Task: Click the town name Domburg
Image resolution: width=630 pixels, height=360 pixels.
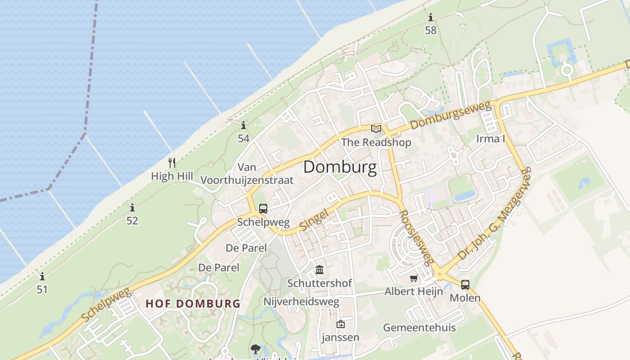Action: [x=340, y=167]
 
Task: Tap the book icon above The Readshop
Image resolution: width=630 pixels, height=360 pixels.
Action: [x=376, y=129]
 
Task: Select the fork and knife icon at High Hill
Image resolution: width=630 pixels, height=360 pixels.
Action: [x=171, y=163]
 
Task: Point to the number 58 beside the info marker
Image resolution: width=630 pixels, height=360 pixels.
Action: [x=431, y=30]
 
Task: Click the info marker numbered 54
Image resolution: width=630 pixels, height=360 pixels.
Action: [x=243, y=125]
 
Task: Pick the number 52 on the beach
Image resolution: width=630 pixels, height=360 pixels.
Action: [x=132, y=220]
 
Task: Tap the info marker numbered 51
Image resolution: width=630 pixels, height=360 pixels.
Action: [x=42, y=276]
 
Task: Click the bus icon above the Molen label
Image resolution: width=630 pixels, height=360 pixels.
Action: [x=465, y=284]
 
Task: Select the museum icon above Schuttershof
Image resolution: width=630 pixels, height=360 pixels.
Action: [x=319, y=270]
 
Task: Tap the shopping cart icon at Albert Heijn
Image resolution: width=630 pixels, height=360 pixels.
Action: [x=414, y=279]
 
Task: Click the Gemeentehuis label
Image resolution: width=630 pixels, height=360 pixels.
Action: [x=419, y=327]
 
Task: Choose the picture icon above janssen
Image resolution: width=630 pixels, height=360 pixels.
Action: [x=340, y=324]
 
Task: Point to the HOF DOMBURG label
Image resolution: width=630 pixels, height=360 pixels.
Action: [x=193, y=303]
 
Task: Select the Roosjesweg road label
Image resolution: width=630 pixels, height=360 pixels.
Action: [x=417, y=237]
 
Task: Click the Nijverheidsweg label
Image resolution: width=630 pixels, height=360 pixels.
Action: [x=301, y=301]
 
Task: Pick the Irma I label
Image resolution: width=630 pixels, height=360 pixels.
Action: [x=490, y=138]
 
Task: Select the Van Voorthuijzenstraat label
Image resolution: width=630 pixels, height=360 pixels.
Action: [x=247, y=174]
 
